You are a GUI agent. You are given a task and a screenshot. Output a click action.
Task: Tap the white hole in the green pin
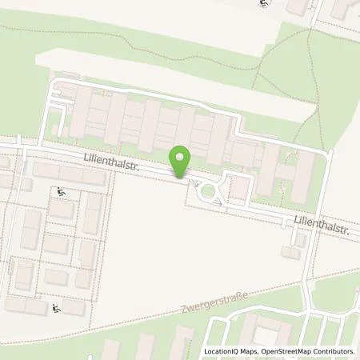click(x=181, y=157)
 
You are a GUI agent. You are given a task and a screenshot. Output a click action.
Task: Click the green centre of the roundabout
click(x=210, y=191)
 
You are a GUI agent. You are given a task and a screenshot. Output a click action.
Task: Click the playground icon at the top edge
click(x=263, y=4)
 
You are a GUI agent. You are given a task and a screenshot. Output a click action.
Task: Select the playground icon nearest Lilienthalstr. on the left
click(x=62, y=192)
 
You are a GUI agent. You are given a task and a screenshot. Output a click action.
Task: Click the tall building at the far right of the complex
click(x=302, y=176)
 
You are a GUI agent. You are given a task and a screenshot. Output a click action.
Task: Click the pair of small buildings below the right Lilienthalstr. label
click(x=298, y=246)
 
